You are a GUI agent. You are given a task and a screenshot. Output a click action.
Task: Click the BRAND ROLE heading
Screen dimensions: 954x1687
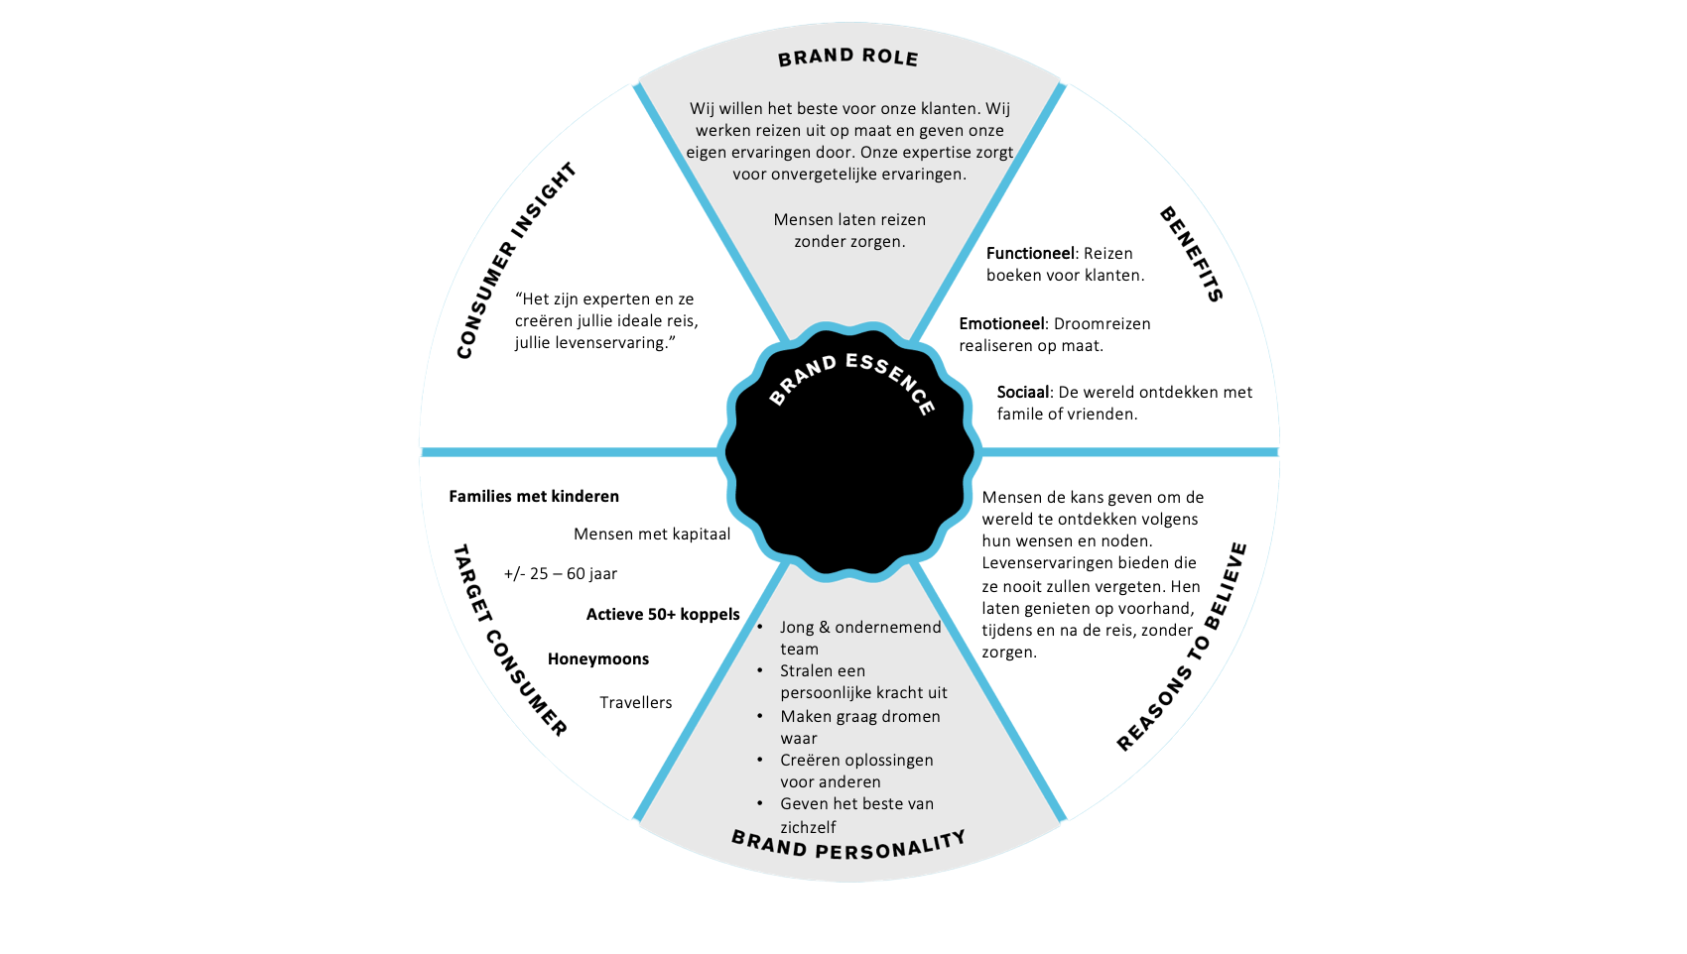(847, 58)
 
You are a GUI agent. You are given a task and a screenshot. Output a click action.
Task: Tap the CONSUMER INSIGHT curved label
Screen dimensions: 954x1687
(515, 260)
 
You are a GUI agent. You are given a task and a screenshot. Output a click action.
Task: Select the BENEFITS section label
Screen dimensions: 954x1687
(1191, 254)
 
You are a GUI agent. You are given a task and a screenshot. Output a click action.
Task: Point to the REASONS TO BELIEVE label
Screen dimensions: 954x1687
(1181, 648)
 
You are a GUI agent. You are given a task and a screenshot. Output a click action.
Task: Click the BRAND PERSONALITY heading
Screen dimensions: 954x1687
(848, 845)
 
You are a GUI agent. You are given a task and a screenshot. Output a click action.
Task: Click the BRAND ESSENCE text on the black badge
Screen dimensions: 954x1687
(851, 382)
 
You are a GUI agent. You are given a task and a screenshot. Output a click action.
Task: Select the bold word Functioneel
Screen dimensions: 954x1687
(1030, 254)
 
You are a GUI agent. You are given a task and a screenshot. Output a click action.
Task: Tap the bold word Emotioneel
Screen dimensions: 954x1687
(1001, 324)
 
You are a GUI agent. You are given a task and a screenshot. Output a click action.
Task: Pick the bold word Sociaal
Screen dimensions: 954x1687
(1023, 393)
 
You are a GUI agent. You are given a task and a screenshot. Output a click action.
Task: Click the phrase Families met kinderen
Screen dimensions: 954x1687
(534, 497)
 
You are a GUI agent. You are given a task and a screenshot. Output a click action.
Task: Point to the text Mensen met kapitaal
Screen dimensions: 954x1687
(652, 535)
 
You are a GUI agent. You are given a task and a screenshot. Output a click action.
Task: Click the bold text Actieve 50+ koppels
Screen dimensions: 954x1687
(663, 615)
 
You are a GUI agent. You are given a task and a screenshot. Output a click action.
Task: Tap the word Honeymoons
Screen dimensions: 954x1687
(598, 659)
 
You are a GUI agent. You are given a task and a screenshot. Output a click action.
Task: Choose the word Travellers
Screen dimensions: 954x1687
(636, 703)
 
